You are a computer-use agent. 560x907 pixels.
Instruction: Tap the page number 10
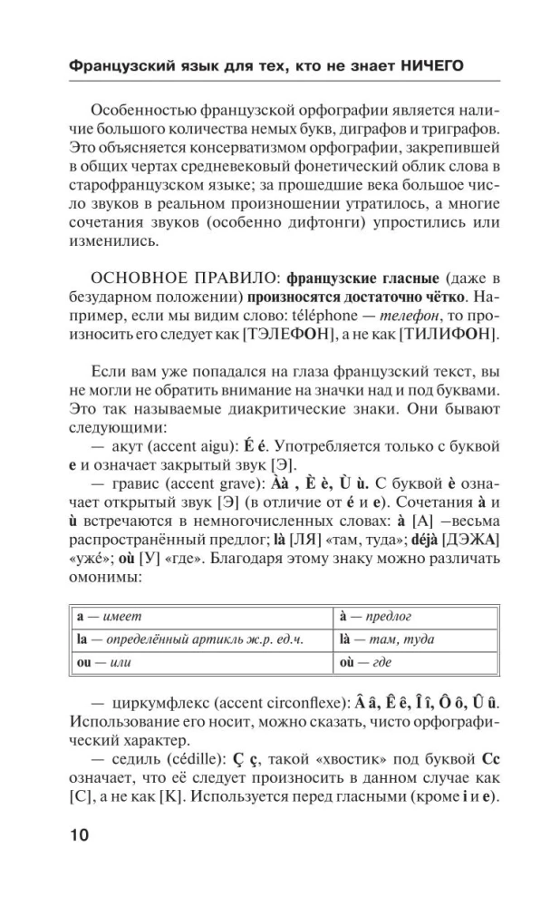(76, 834)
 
